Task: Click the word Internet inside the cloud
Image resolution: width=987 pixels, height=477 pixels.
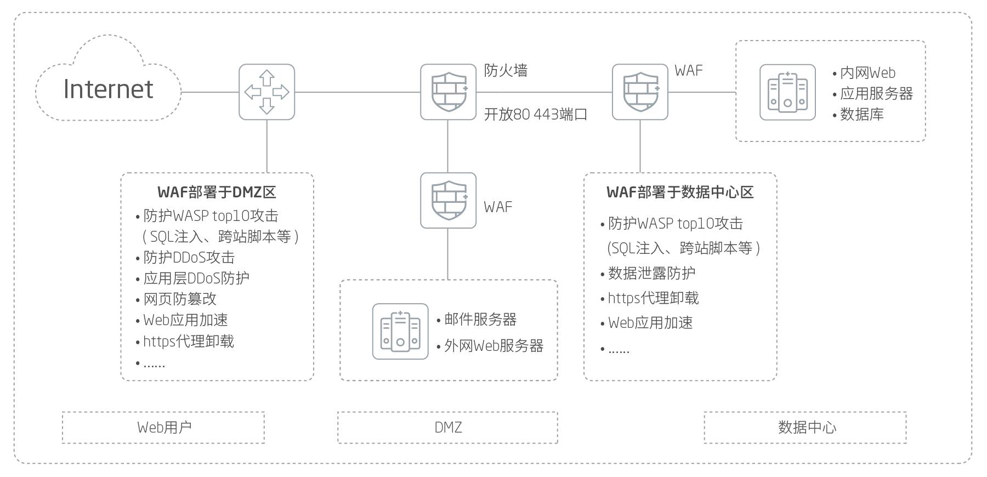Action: click(x=108, y=89)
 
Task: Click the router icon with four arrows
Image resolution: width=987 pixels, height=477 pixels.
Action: click(x=266, y=92)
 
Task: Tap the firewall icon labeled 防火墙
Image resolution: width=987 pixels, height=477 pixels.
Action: click(x=448, y=92)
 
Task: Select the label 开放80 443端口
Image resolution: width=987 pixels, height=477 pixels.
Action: click(x=536, y=115)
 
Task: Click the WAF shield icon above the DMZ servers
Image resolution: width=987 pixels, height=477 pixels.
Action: click(x=448, y=201)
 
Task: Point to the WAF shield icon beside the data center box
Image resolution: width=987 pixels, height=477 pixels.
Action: click(x=640, y=92)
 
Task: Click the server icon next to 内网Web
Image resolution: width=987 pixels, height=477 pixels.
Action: click(x=787, y=92)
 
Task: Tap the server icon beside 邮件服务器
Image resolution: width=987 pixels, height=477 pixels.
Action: click(x=400, y=331)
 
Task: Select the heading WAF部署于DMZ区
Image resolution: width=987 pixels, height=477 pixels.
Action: click(x=217, y=192)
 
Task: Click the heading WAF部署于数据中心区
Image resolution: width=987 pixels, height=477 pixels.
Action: click(x=680, y=192)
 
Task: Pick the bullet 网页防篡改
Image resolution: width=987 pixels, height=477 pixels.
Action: click(x=180, y=299)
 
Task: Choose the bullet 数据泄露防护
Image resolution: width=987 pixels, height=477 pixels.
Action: click(x=651, y=273)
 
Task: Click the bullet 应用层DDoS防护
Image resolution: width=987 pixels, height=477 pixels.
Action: click(x=196, y=278)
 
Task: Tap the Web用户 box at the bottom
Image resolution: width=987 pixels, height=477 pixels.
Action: click(x=163, y=427)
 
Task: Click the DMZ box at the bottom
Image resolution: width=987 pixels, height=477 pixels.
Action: click(x=447, y=427)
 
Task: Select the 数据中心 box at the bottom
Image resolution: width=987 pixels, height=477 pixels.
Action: click(x=805, y=427)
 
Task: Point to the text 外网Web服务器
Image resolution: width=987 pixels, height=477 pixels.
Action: click(x=493, y=346)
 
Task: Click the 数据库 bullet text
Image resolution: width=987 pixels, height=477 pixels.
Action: click(x=861, y=115)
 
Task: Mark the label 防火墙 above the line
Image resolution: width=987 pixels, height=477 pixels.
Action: click(x=506, y=70)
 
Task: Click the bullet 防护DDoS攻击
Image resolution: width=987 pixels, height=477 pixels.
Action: click(x=189, y=257)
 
